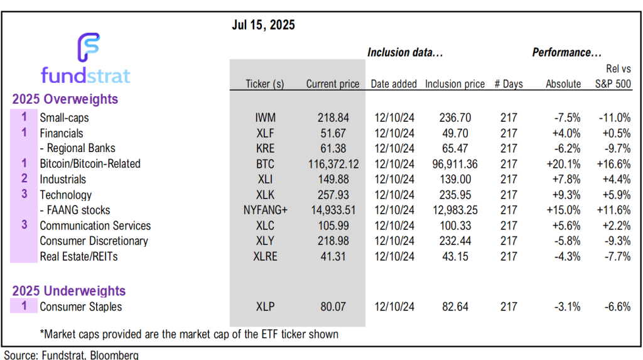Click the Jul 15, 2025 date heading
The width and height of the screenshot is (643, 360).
[263, 26]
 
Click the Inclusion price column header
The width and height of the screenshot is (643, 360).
[455, 84]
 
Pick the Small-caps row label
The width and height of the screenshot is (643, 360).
[64, 118]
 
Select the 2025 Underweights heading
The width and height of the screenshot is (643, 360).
[68, 292]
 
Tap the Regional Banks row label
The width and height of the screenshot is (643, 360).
[77, 148]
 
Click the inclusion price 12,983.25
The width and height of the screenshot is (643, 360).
[455, 210]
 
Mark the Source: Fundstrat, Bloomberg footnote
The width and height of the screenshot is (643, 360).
[71, 355]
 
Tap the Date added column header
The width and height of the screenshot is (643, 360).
[394, 84]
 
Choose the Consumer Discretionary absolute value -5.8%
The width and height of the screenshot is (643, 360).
[566, 241]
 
